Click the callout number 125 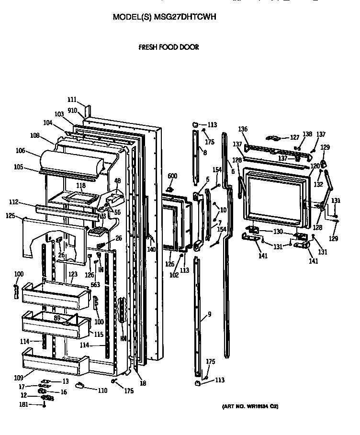(x=11, y=216)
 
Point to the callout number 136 (x=243, y=129)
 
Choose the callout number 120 (x=315, y=166)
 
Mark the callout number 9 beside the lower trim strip (x=209, y=315)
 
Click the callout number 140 (x=151, y=249)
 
